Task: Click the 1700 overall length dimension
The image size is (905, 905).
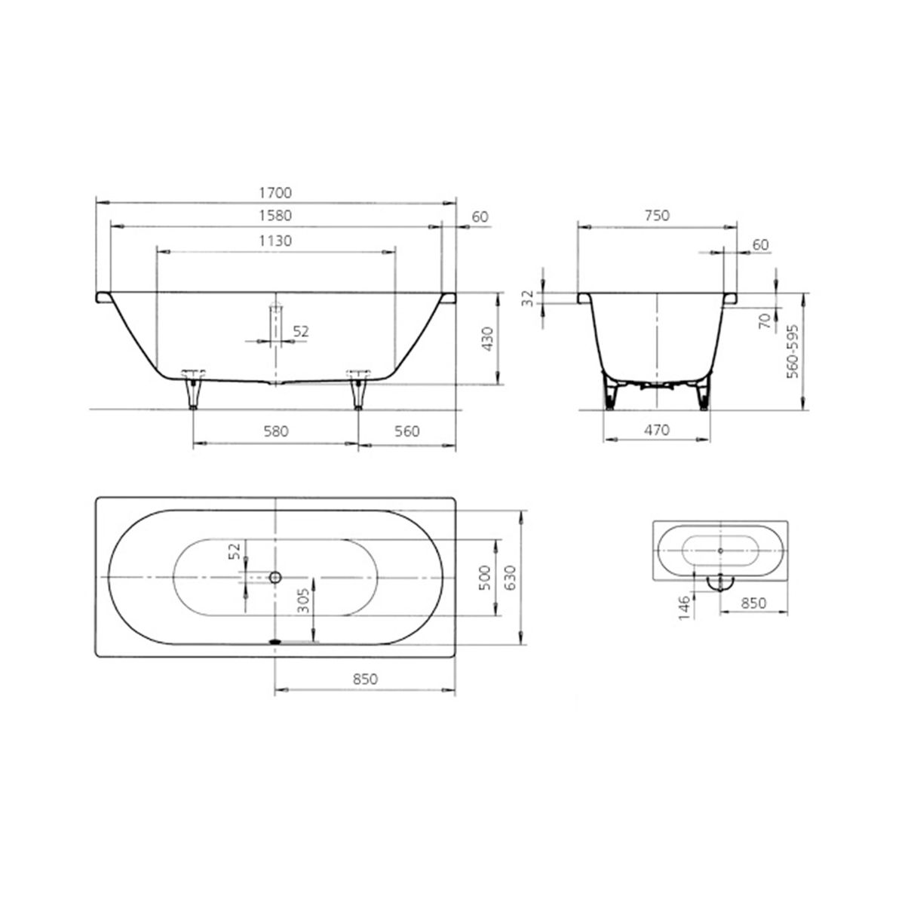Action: pos(275,192)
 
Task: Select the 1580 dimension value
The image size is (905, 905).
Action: pos(275,216)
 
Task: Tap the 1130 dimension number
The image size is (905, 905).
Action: pos(275,241)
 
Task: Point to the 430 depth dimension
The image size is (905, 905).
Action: pos(488,339)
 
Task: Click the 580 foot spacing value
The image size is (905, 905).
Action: pos(276,431)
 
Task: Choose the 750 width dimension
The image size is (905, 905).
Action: pos(657,216)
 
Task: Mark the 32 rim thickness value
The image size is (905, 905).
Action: pos(529,298)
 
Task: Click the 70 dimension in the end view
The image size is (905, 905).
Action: pos(765,321)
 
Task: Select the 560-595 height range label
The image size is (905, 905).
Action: pos(793,351)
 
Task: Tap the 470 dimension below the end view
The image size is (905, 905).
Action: pos(657,430)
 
